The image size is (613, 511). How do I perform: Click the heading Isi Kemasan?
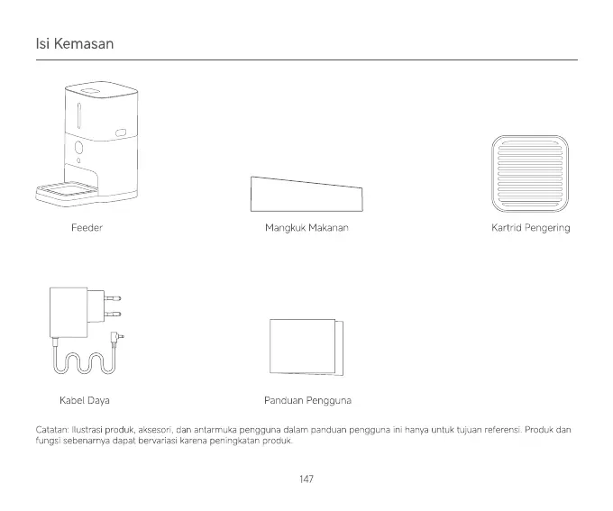coord(74,43)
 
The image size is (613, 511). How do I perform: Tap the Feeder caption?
coord(87,228)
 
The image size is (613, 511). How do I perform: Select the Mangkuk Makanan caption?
coord(306,228)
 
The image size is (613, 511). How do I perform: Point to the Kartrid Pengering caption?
coord(530,228)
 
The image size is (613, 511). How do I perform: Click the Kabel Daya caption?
coord(84,399)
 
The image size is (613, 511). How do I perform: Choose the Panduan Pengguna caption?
coord(307,399)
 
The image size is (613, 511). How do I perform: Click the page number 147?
coord(306,479)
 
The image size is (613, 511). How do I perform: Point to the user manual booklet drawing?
coord(306,346)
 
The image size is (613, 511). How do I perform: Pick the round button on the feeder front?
coord(78,147)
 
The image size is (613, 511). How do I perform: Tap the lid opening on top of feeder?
coord(91,90)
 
